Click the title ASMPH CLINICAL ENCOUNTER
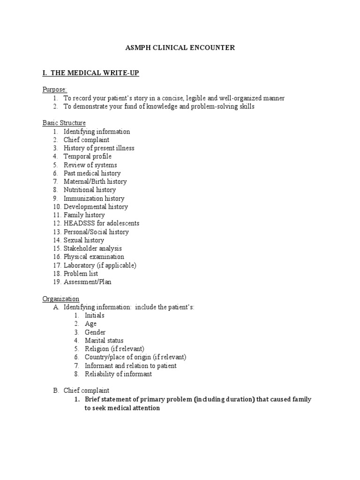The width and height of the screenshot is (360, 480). [x=180, y=48]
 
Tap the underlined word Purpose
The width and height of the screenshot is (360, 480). [x=55, y=90]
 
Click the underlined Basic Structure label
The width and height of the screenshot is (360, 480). [x=64, y=123]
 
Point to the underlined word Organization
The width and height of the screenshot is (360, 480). [x=61, y=299]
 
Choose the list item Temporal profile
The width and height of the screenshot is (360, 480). [x=88, y=157]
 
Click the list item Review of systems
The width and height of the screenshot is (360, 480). [x=90, y=165]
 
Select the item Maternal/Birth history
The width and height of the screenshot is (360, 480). [x=95, y=181]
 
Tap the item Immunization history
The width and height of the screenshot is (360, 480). [x=94, y=198]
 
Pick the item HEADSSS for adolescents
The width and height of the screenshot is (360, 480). [x=101, y=223]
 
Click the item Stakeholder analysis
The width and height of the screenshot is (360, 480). [x=93, y=248]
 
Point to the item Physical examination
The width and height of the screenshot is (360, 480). [x=94, y=257]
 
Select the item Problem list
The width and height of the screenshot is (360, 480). [x=81, y=274]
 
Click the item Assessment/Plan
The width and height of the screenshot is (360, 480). [x=88, y=282]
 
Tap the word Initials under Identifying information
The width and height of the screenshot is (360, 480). [x=95, y=315]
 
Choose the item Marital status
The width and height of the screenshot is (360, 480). [x=104, y=341]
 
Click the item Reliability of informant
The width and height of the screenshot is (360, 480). [x=118, y=374]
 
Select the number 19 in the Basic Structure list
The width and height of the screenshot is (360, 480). [x=56, y=282]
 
